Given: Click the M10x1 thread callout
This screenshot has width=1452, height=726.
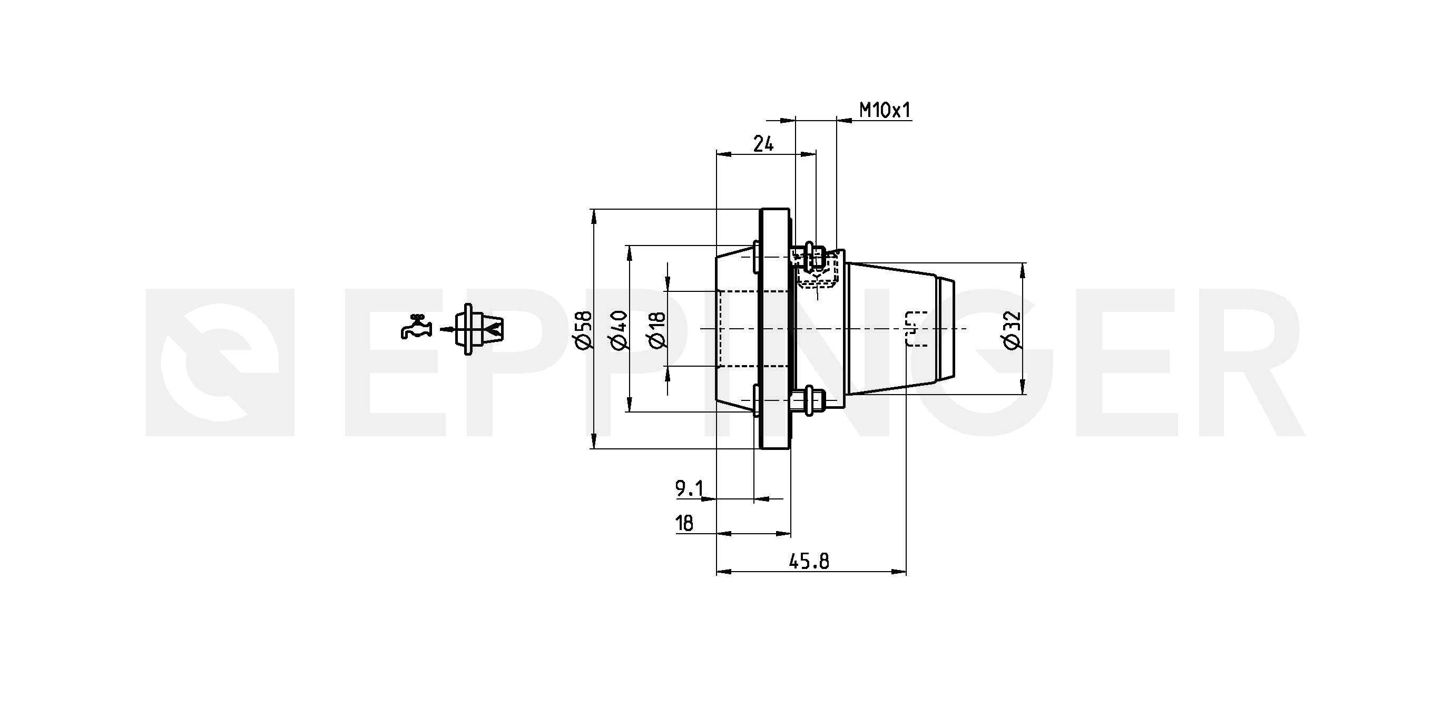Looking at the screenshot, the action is click(885, 110).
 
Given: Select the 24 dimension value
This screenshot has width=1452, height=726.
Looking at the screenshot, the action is click(763, 144).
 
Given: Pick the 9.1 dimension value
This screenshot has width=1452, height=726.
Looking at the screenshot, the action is click(689, 488).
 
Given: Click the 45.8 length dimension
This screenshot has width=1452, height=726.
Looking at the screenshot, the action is click(808, 561).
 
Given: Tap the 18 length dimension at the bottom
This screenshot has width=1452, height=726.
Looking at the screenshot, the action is click(684, 524).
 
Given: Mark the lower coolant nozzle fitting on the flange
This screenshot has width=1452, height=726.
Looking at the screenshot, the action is click(807, 401).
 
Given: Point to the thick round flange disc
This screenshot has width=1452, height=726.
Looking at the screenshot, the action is click(775, 329).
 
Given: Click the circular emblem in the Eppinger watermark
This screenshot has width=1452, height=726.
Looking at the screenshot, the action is click(220, 362).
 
